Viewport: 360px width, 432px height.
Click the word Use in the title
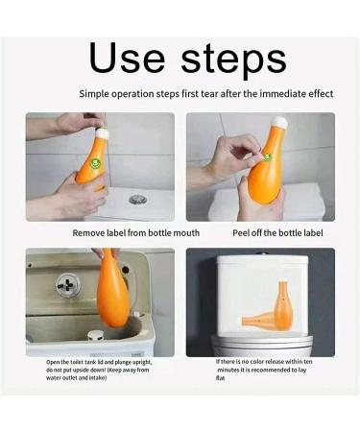point(127,58)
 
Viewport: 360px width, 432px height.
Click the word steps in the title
point(233,60)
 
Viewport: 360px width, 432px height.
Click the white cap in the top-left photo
point(104,132)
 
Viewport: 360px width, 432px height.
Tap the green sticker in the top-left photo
point(94,163)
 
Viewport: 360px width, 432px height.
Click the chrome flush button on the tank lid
point(138,200)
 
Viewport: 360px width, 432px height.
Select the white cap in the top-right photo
point(278,122)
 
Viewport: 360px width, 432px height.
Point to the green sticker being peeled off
point(267,156)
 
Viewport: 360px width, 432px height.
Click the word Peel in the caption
point(241,233)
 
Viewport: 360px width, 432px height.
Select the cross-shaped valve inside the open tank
point(68,284)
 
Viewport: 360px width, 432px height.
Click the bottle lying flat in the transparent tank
point(259,322)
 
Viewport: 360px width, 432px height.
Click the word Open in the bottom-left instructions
point(53,362)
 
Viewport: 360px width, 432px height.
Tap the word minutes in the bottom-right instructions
point(228,370)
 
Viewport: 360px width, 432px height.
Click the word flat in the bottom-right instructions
point(220,378)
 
